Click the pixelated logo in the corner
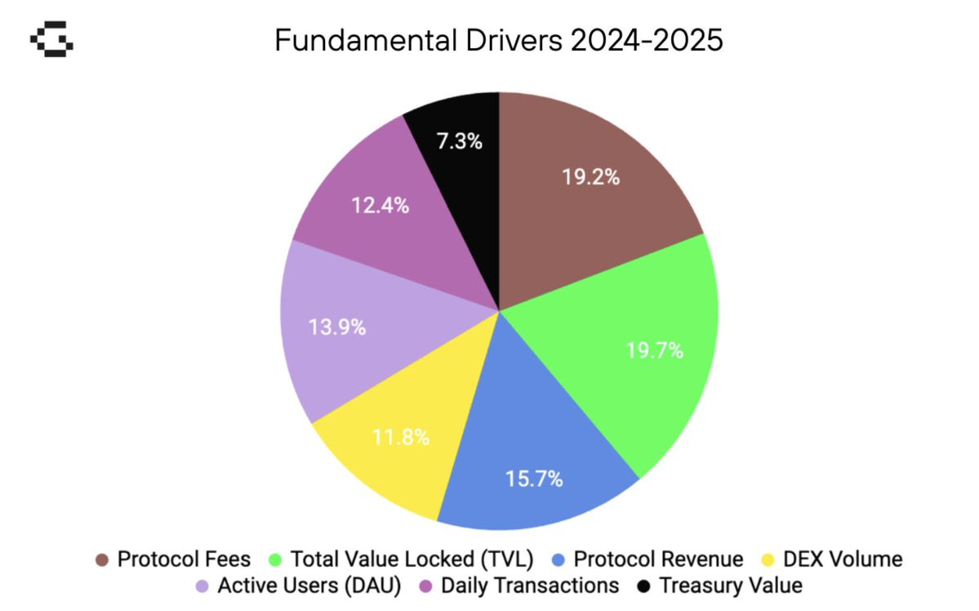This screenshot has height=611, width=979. click(x=51, y=40)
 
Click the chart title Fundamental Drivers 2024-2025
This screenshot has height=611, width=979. click(x=498, y=40)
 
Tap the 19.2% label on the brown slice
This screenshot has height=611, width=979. click(x=590, y=177)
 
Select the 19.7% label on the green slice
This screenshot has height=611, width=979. click(x=655, y=351)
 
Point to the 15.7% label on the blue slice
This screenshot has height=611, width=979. click(x=535, y=479)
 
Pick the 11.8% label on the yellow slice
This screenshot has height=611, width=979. click(x=401, y=437)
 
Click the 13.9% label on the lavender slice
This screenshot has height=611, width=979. click(x=336, y=328)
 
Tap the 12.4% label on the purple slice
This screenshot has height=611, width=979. click(x=380, y=206)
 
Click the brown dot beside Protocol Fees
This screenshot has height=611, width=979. click(x=102, y=560)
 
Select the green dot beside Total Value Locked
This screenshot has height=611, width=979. click(x=275, y=560)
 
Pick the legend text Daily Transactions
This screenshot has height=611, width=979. click(x=530, y=586)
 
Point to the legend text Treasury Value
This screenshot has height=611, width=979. click(x=731, y=586)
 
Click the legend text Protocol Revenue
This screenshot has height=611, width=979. click(x=658, y=560)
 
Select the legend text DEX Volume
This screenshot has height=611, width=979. click(x=843, y=560)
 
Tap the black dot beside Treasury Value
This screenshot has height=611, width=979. click(x=643, y=586)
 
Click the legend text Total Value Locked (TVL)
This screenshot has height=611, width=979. click(x=412, y=560)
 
